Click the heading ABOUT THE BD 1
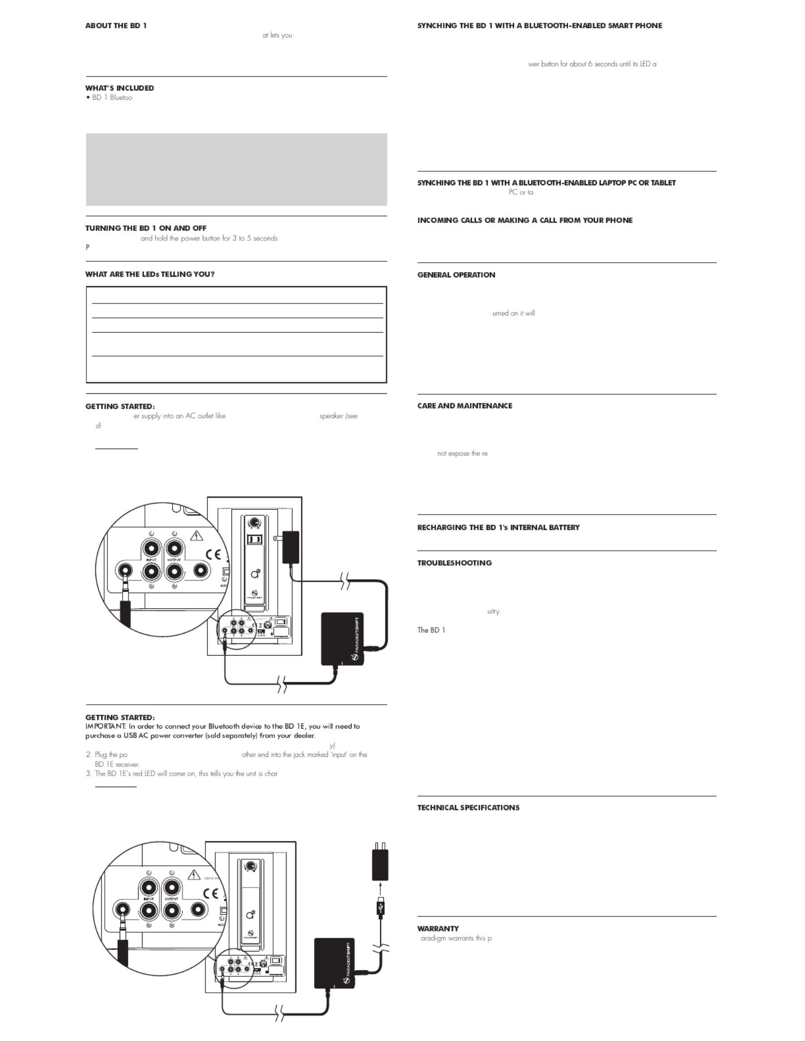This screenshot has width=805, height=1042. point(116,26)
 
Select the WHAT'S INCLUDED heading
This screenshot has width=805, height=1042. point(120,88)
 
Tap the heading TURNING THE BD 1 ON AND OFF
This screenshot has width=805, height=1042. point(146,228)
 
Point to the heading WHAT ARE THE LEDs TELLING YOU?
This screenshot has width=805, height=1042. point(150,274)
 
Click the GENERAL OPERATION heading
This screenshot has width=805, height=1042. point(456,275)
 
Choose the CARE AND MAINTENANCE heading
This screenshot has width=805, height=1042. point(464,406)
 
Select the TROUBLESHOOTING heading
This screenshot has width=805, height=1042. point(454,563)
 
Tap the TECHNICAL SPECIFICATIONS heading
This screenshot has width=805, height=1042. point(468,808)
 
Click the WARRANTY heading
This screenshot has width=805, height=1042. point(438,929)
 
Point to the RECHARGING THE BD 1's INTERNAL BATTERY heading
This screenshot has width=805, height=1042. point(498,528)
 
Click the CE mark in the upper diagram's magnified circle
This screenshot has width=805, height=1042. point(214,555)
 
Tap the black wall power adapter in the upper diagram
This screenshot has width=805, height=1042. point(291,547)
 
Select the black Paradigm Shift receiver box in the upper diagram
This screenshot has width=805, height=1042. point(342,639)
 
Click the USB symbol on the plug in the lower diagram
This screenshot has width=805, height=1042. point(380,909)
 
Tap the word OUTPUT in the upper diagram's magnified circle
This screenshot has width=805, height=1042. point(174,560)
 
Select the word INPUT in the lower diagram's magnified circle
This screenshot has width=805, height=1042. point(148,899)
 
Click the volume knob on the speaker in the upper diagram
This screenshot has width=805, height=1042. point(254,523)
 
